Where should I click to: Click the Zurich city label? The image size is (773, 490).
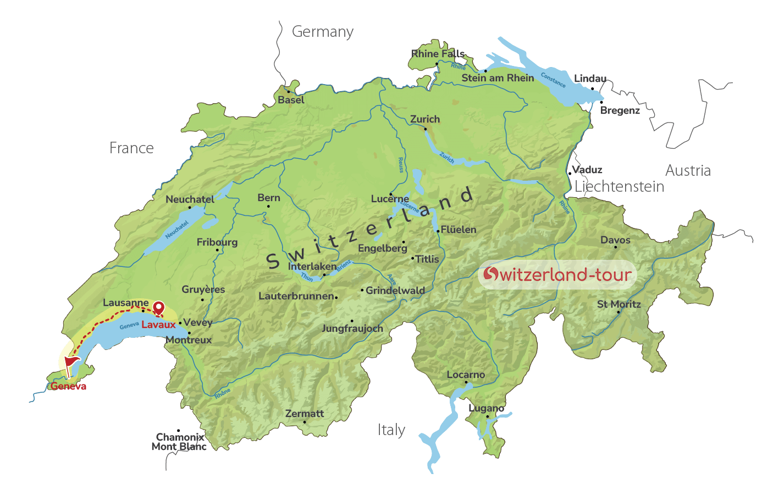[x=425, y=119]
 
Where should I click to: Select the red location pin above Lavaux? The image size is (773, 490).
[x=158, y=308]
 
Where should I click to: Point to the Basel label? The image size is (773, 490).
[x=291, y=100]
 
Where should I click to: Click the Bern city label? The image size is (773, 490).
[x=269, y=198]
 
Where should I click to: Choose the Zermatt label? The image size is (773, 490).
[x=305, y=414]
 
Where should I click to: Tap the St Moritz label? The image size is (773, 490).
[x=619, y=304]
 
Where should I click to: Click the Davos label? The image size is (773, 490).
[x=615, y=240]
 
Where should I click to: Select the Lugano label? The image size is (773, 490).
[x=486, y=408]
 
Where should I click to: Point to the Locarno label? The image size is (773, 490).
[x=466, y=375]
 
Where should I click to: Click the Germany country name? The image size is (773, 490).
[x=323, y=32]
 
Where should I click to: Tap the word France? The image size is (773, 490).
[x=131, y=148]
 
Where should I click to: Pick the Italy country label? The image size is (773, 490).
[x=391, y=430]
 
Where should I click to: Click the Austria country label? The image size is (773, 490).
[x=688, y=170]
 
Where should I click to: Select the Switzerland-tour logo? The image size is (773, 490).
[x=557, y=274]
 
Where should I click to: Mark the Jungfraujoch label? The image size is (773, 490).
[x=352, y=328]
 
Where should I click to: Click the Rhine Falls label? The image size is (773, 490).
[x=438, y=54]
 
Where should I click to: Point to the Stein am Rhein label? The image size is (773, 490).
[x=498, y=78]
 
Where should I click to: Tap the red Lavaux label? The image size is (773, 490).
[x=158, y=325]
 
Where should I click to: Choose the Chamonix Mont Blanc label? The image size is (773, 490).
[x=179, y=442]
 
